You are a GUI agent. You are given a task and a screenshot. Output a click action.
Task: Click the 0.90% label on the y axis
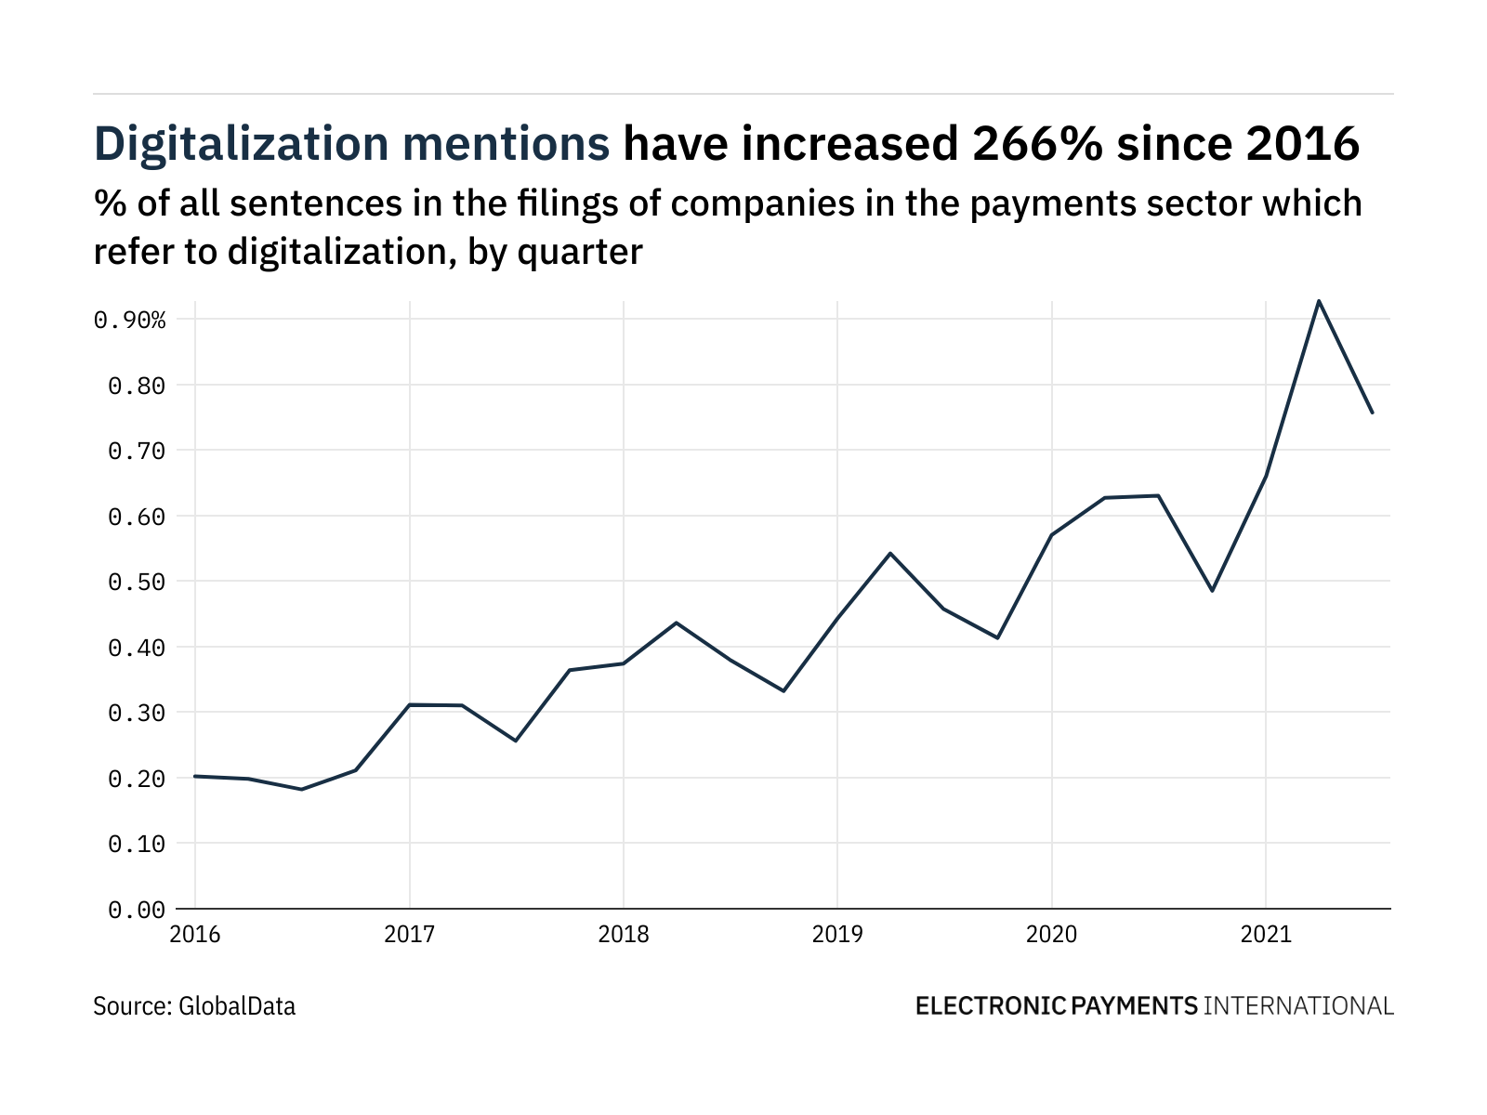point(130,321)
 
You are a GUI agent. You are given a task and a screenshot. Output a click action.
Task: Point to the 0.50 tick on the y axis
point(137,583)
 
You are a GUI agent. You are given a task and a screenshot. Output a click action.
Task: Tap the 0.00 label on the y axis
point(137,910)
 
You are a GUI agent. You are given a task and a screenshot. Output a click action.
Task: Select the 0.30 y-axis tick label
point(137,714)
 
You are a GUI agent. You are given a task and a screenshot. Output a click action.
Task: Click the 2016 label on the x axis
point(195,934)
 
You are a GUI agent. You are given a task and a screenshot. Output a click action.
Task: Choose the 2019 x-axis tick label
point(837,934)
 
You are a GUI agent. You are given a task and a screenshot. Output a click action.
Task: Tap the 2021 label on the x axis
point(1266,934)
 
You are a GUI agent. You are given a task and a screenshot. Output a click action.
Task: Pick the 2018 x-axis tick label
point(624,934)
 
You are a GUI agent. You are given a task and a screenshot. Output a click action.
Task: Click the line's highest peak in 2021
point(1318,300)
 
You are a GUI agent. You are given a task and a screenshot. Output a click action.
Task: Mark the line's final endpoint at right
point(1372,413)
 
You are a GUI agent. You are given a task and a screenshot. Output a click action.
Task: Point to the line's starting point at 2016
point(195,776)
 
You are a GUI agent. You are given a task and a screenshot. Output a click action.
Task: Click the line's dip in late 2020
point(1212,591)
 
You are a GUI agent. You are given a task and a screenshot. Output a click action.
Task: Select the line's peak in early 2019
point(890,553)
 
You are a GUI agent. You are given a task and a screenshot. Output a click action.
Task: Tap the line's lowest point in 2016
point(302,789)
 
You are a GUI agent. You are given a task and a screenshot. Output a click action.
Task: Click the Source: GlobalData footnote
point(194,1006)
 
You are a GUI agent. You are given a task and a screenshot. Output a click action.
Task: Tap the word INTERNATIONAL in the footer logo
point(1298,1006)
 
